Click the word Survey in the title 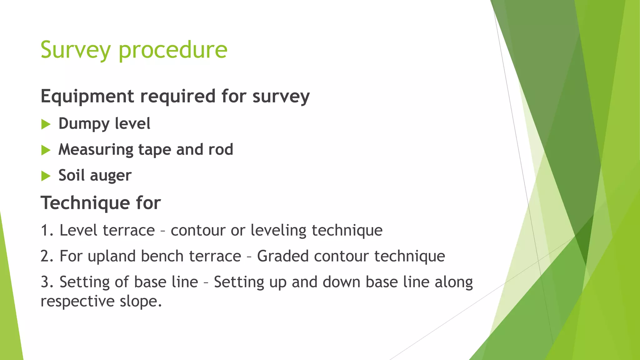point(76,50)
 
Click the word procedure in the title point(173,50)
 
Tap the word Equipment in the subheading point(87,96)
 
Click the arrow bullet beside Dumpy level point(46,124)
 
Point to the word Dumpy point(83,124)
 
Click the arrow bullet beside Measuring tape point(46,150)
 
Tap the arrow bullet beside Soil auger point(46,176)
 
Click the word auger point(111,176)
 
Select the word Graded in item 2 point(283,256)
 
